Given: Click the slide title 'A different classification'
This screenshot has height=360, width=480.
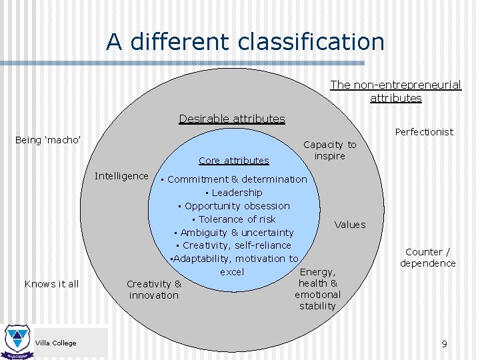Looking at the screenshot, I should tap(245, 42).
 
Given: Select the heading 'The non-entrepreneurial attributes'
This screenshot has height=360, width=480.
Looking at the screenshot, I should tap(396, 91).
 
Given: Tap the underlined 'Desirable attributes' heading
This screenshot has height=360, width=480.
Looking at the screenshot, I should tap(232, 119).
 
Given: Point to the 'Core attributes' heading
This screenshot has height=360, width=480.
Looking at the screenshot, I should tap(234, 160).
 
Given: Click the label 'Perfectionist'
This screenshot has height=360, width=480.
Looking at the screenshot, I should tap(424, 132).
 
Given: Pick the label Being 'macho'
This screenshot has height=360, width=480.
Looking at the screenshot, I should tap(48, 140).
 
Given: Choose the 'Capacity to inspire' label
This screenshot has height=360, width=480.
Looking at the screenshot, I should tap(330, 150).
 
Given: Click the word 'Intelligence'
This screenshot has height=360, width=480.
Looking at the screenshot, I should tap(122, 176).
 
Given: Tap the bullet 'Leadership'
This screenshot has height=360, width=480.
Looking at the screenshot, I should tap(237, 193).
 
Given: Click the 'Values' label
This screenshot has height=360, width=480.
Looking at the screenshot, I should tap(350, 225).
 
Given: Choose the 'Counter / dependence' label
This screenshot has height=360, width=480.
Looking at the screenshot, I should tap(428, 257).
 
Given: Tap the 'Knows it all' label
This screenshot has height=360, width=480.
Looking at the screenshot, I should tap(51, 284).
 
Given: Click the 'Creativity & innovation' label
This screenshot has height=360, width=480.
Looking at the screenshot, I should tap(154, 289).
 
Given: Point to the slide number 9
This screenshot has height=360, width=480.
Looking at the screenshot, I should tap(444, 344).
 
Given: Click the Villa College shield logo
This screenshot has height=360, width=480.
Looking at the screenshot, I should tap(15, 340).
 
